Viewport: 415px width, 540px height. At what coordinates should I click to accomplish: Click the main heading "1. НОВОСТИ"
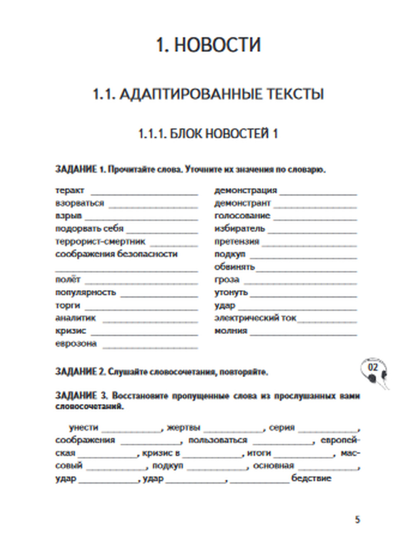click(x=208, y=45)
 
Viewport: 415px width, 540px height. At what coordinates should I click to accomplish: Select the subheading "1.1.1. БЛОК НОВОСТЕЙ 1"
click(x=207, y=134)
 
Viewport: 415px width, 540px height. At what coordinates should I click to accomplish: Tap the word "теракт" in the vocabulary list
click(x=70, y=190)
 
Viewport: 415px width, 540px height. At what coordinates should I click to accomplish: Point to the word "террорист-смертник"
click(x=100, y=241)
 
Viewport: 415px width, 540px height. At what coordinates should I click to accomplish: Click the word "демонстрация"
click(x=245, y=190)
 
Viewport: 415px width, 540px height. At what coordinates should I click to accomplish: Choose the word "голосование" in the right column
click(x=242, y=216)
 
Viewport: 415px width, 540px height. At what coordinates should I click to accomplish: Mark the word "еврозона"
click(x=76, y=344)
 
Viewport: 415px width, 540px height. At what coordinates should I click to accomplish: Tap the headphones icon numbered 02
click(x=373, y=371)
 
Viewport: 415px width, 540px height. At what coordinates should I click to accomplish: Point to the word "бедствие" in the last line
click(x=311, y=478)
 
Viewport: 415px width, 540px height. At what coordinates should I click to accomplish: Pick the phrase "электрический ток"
click(x=255, y=318)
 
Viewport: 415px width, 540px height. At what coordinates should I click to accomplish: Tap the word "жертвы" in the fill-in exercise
click(x=183, y=427)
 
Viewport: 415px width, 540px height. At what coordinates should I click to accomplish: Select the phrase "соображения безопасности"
click(x=116, y=254)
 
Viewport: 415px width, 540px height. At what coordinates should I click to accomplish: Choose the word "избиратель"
click(x=239, y=228)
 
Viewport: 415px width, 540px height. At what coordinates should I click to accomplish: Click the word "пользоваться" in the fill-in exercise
click(x=217, y=440)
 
